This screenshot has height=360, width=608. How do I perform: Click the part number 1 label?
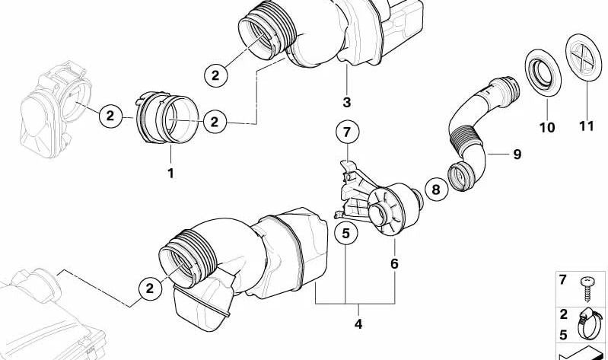coord(170,174)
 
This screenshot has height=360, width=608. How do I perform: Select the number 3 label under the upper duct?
coord(347,103)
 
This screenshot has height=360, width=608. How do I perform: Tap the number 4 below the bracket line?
coord(358,323)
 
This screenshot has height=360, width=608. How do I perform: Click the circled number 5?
coord(346,233)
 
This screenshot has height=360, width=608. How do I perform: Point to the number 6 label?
coord(394,264)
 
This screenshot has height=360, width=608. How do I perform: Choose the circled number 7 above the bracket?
coord(347,132)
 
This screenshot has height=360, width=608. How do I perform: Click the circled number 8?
coord(436,190)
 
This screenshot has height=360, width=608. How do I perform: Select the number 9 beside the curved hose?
coord(517,155)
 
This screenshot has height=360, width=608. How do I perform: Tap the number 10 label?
coord(547,127)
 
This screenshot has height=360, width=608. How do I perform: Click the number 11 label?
coord(586,126)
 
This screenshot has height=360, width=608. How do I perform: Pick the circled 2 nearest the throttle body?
coord(110,116)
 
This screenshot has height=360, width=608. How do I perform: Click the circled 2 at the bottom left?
coord(150,288)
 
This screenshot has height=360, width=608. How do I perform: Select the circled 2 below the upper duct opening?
coord(215,75)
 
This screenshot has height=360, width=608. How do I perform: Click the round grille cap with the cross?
coord(583,57)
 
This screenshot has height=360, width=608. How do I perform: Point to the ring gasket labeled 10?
coord(543,72)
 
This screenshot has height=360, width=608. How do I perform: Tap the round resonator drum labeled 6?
coord(394,209)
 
